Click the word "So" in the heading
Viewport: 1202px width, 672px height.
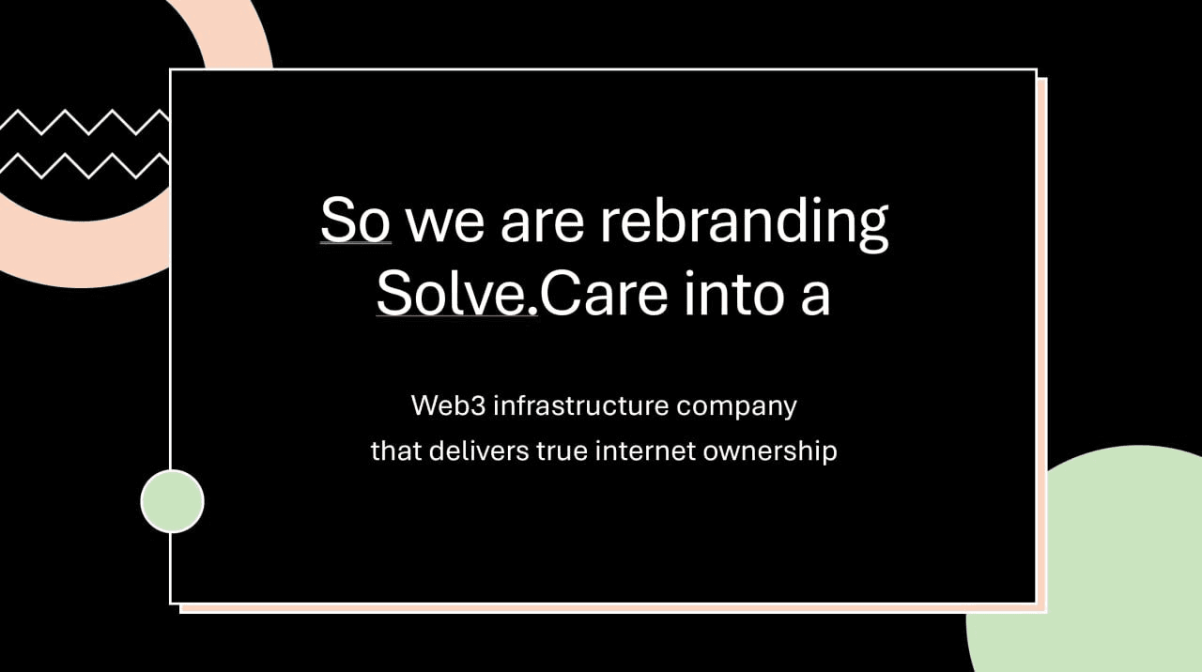coord(356,220)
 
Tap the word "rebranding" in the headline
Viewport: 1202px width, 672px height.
coord(744,222)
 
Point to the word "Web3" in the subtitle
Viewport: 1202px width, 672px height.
coord(448,405)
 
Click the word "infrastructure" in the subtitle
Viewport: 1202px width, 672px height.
coord(581,405)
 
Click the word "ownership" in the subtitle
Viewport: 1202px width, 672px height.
coord(770,452)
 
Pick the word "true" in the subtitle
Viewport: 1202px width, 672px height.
coord(562,451)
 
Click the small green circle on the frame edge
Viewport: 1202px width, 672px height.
coord(172,501)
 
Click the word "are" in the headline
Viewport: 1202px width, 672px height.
coord(542,223)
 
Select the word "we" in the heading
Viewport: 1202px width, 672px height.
coord(445,223)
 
